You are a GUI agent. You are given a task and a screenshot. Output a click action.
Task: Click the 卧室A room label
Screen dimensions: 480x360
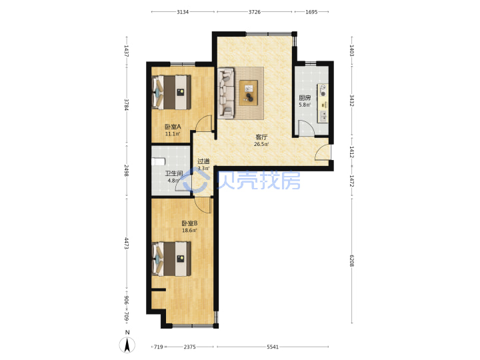pyautogui.click(x=173, y=127)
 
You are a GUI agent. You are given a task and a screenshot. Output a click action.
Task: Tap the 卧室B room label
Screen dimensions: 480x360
pyautogui.click(x=189, y=223)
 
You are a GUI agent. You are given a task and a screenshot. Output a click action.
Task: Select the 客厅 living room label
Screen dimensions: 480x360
pyautogui.click(x=261, y=137)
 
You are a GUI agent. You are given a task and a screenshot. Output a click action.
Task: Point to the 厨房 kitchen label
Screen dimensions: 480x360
pyautogui.click(x=305, y=97)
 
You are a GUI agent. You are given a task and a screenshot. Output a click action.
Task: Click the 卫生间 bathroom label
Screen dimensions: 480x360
pyautogui.click(x=174, y=173)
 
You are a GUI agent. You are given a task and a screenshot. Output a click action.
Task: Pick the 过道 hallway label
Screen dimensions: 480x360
pyautogui.click(x=203, y=161)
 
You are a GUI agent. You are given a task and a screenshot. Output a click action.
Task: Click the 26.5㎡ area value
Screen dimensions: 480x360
pyautogui.click(x=261, y=144)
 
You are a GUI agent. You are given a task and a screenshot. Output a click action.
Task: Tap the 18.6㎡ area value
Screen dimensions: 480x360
pyautogui.click(x=189, y=230)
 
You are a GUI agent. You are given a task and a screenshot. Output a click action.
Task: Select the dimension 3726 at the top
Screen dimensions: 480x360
pyautogui.click(x=255, y=12)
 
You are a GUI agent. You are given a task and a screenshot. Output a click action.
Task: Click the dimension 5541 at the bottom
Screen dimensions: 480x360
pyautogui.click(x=273, y=347)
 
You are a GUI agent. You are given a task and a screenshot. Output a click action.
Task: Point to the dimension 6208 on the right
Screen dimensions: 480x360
pyautogui.click(x=352, y=261)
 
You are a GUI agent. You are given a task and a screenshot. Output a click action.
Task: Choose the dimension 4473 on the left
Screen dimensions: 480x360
pyautogui.click(x=127, y=243)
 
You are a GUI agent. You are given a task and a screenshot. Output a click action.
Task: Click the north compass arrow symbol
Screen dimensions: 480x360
pyautogui.click(x=127, y=345)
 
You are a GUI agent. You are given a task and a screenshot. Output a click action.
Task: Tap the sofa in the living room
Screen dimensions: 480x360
pyautogui.click(x=226, y=93)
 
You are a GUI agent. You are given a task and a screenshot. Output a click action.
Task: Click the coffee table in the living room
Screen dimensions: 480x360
pyautogui.click(x=249, y=93)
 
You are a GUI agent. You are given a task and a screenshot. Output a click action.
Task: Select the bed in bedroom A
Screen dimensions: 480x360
pyautogui.click(x=172, y=93)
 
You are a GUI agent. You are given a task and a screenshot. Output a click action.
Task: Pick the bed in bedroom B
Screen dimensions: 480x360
pyautogui.click(x=172, y=259)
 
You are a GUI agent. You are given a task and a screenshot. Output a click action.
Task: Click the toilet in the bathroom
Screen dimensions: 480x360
pyautogui.click(x=159, y=161)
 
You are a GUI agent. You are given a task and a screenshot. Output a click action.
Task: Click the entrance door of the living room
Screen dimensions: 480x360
pyautogui.click(x=323, y=152)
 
